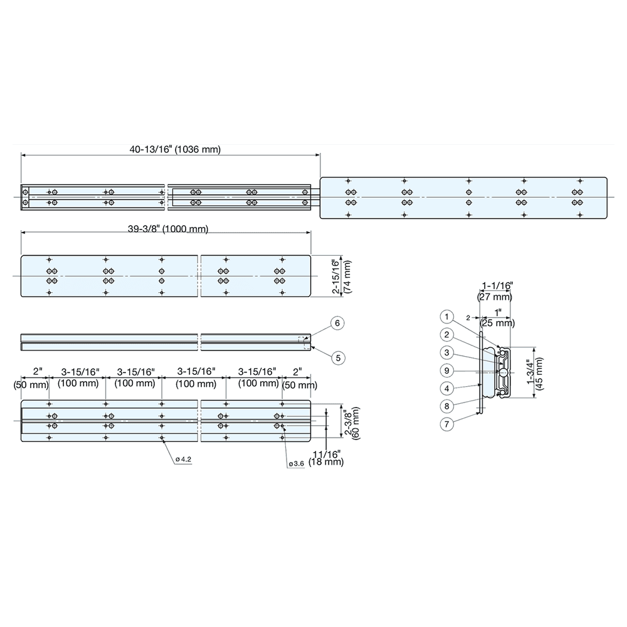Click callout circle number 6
[x=337, y=323]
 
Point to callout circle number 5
[x=337, y=358]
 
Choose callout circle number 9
[x=446, y=370]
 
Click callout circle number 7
[x=446, y=424]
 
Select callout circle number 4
[x=446, y=388]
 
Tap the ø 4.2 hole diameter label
[x=183, y=460]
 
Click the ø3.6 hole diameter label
[x=296, y=464]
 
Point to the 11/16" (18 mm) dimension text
[x=327, y=457]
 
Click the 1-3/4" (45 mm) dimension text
[x=536, y=374]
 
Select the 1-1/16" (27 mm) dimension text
[x=495, y=292]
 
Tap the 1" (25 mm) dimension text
[x=497, y=318]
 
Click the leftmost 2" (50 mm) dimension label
[x=31, y=377]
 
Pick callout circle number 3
[x=446, y=352]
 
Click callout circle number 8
[x=446, y=406]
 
